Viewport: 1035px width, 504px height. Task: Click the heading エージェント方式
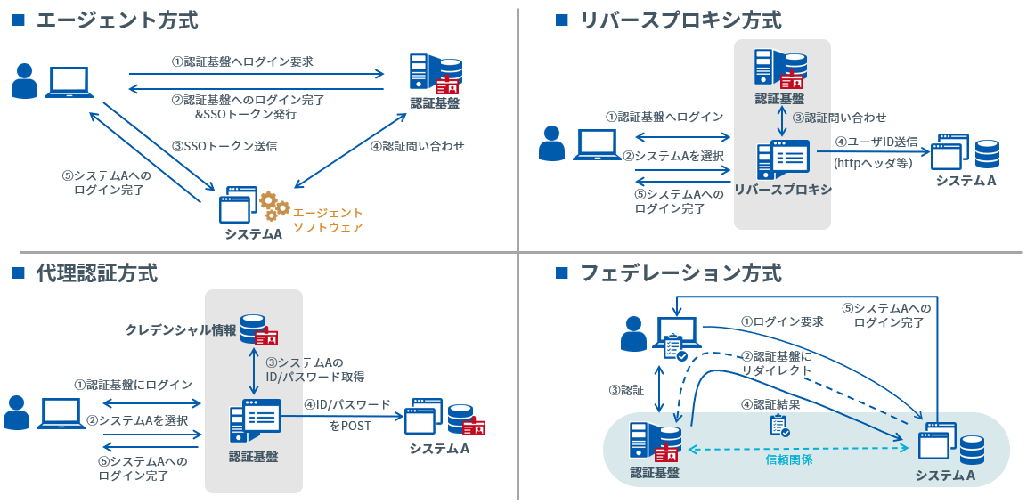tap(117, 20)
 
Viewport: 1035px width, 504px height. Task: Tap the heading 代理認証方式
tap(97, 272)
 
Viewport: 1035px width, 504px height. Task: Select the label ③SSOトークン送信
tap(224, 145)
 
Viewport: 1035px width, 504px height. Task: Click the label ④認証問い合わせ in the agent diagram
tap(417, 145)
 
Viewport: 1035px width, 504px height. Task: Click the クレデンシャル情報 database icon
tap(259, 330)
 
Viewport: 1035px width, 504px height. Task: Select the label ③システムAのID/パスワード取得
tap(315, 370)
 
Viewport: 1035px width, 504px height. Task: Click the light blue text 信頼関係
tap(789, 460)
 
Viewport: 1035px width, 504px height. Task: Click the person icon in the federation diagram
tap(633, 334)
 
